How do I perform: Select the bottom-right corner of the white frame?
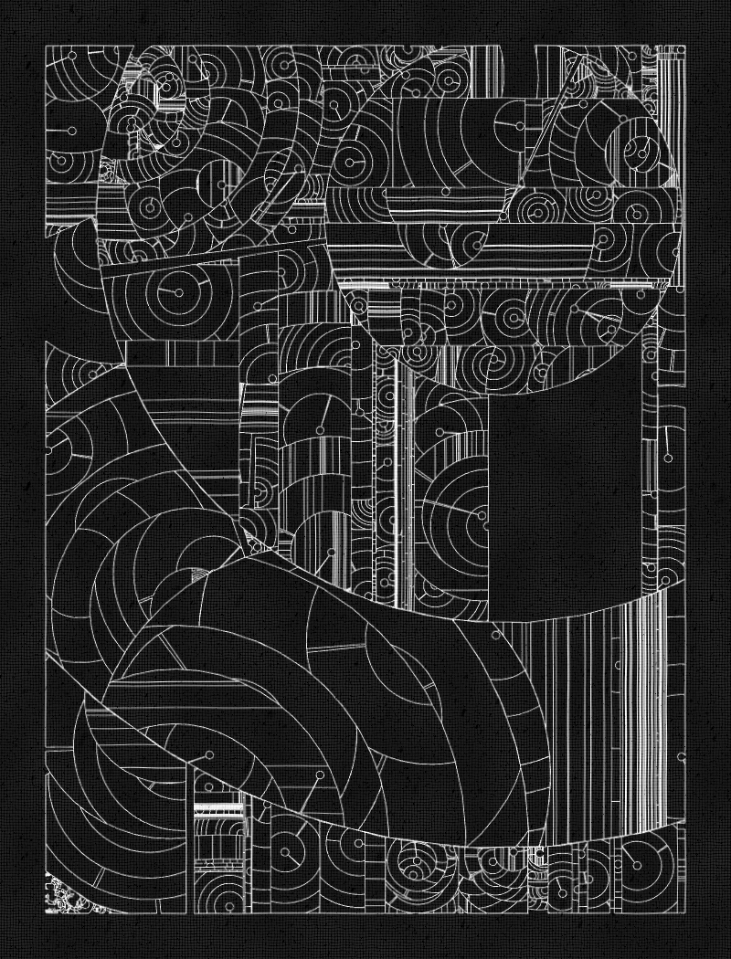click(684, 912)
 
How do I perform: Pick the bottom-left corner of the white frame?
click(47, 912)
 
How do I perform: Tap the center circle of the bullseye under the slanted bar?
click(178, 293)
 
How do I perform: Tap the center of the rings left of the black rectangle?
click(482, 517)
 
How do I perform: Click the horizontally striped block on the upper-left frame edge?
click(71, 203)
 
